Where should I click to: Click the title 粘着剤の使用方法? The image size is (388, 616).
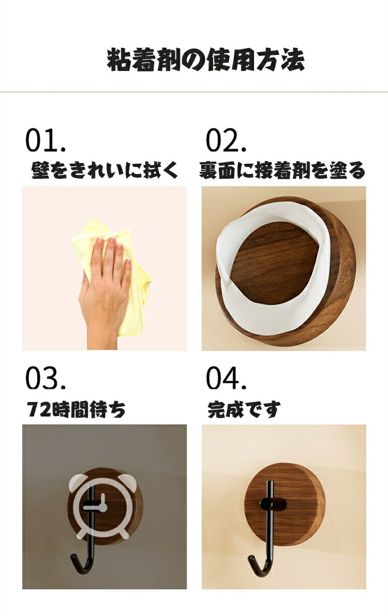(x=205, y=60)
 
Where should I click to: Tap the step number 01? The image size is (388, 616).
(x=45, y=140)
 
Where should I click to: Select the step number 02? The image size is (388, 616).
(x=226, y=140)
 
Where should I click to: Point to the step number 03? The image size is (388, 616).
(x=45, y=378)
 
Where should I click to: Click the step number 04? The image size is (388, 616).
(x=226, y=378)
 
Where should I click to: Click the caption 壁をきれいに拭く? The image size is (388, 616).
(x=104, y=170)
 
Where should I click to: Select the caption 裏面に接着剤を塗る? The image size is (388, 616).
(x=281, y=170)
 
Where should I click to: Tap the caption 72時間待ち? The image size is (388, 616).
(x=76, y=409)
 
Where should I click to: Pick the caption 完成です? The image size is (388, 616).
(x=244, y=409)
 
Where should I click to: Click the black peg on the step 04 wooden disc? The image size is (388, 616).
(x=273, y=504)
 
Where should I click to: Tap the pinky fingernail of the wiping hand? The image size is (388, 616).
(x=127, y=260)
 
